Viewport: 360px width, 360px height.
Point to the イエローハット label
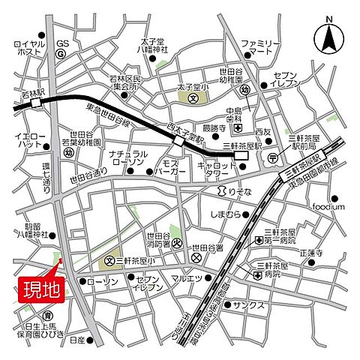tap(30, 142)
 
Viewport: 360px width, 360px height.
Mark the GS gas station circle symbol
tap(63, 54)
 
